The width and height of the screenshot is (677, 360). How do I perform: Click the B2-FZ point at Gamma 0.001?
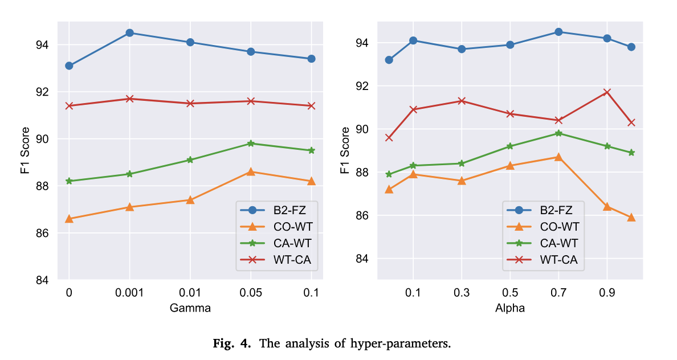129,33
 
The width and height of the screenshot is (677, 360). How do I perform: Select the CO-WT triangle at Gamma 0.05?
251,171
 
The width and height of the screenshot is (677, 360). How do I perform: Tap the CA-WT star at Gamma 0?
69,181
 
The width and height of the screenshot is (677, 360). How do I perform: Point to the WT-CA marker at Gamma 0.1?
311,106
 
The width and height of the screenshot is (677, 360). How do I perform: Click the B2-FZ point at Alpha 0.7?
558,32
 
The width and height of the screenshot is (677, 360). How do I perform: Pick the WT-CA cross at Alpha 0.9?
607,92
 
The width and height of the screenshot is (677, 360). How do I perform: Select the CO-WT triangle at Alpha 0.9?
607,206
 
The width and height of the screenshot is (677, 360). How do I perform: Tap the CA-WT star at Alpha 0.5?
510,146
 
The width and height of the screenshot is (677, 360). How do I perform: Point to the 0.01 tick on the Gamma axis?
190,293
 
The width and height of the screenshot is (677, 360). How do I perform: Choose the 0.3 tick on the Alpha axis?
462,293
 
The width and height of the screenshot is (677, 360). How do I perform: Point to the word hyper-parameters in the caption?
412,344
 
